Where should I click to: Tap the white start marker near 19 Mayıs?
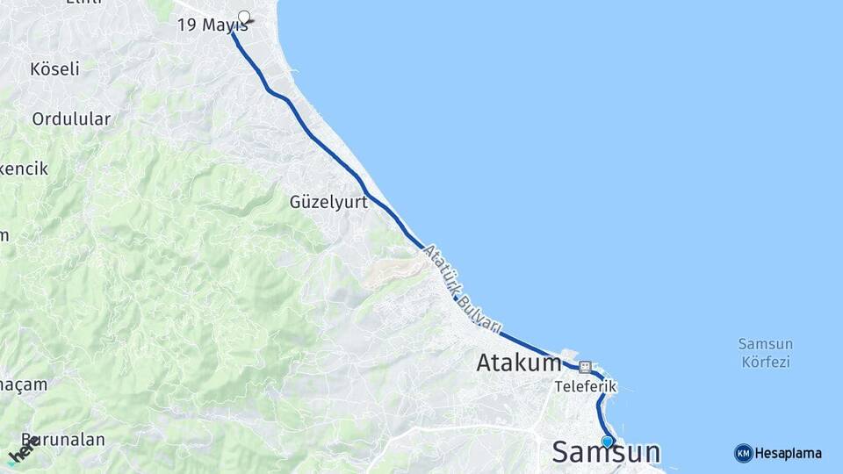(x=244, y=16)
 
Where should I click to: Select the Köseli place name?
(x=54, y=68)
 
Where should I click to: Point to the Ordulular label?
(x=71, y=118)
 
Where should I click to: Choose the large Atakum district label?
(x=519, y=363)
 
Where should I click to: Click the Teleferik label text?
(x=586, y=386)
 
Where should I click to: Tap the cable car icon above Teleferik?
(x=585, y=367)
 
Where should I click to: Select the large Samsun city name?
(x=606, y=453)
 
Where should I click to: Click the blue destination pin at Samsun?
(x=607, y=442)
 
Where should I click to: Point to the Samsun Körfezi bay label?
(x=765, y=352)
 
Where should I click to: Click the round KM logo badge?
(x=743, y=453)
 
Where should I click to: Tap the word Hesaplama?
(x=789, y=453)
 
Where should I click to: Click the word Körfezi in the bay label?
(x=765, y=361)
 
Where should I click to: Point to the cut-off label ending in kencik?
(x=24, y=169)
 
